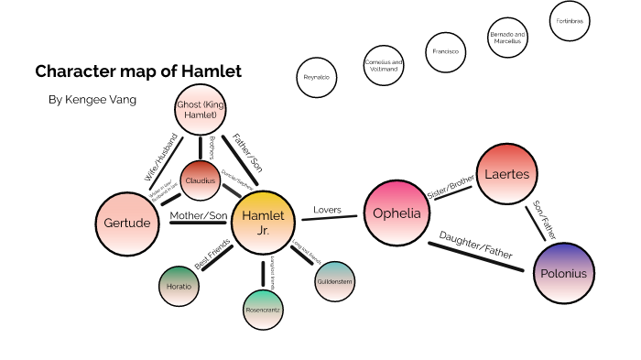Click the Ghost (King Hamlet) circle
pyautogui.click(x=200, y=112)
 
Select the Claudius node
pyautogui.click(x=201, y=180)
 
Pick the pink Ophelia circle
pyautogui.click(x=397, y=213)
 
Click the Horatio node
pyautogui.click(x=179, y=287)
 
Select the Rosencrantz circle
pyautogui.click(x=264, y=311)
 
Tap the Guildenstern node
pyautogui.click(x=334, y=280)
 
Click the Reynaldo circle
pyautogui.click(x=317, y=77)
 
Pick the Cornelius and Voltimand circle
pyautogui.click(x=383, y=65)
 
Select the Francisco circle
pyautogui.click(x=446, y=51)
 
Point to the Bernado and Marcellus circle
pyautogui.click(x=505, y=38)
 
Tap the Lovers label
pyautogui.click(x=327, y=210)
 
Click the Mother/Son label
pyautogui.click(x=199, y=216)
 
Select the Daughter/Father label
pyautogui.click(x=475, y=243)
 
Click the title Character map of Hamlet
pyautogui.click(x=138, y=71)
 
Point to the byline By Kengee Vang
pyautogui.click(x=92, y=99)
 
